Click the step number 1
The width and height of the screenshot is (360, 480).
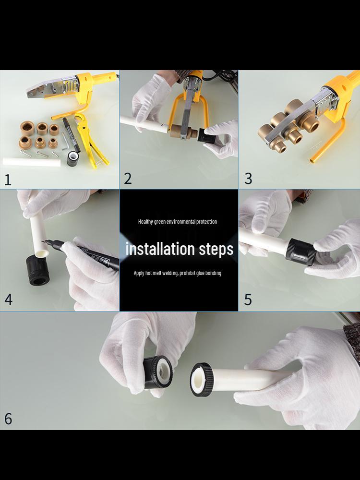pos(8,179)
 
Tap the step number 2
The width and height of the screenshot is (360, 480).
pos(128,179)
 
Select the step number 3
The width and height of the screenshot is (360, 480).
pos(248,179)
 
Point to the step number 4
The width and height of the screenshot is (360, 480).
pos(8,299)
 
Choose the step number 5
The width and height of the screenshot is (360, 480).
pos(248,300)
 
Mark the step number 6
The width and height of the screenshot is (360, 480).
pos(8,419)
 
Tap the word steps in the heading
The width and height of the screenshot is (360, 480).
pos(216,250)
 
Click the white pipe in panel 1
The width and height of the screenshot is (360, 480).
pos(32,162)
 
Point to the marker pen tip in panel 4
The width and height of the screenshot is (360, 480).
pos(43,241)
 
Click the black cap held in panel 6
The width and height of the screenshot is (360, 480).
pos(157,372)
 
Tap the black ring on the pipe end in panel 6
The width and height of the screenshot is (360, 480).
pos(202,380)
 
